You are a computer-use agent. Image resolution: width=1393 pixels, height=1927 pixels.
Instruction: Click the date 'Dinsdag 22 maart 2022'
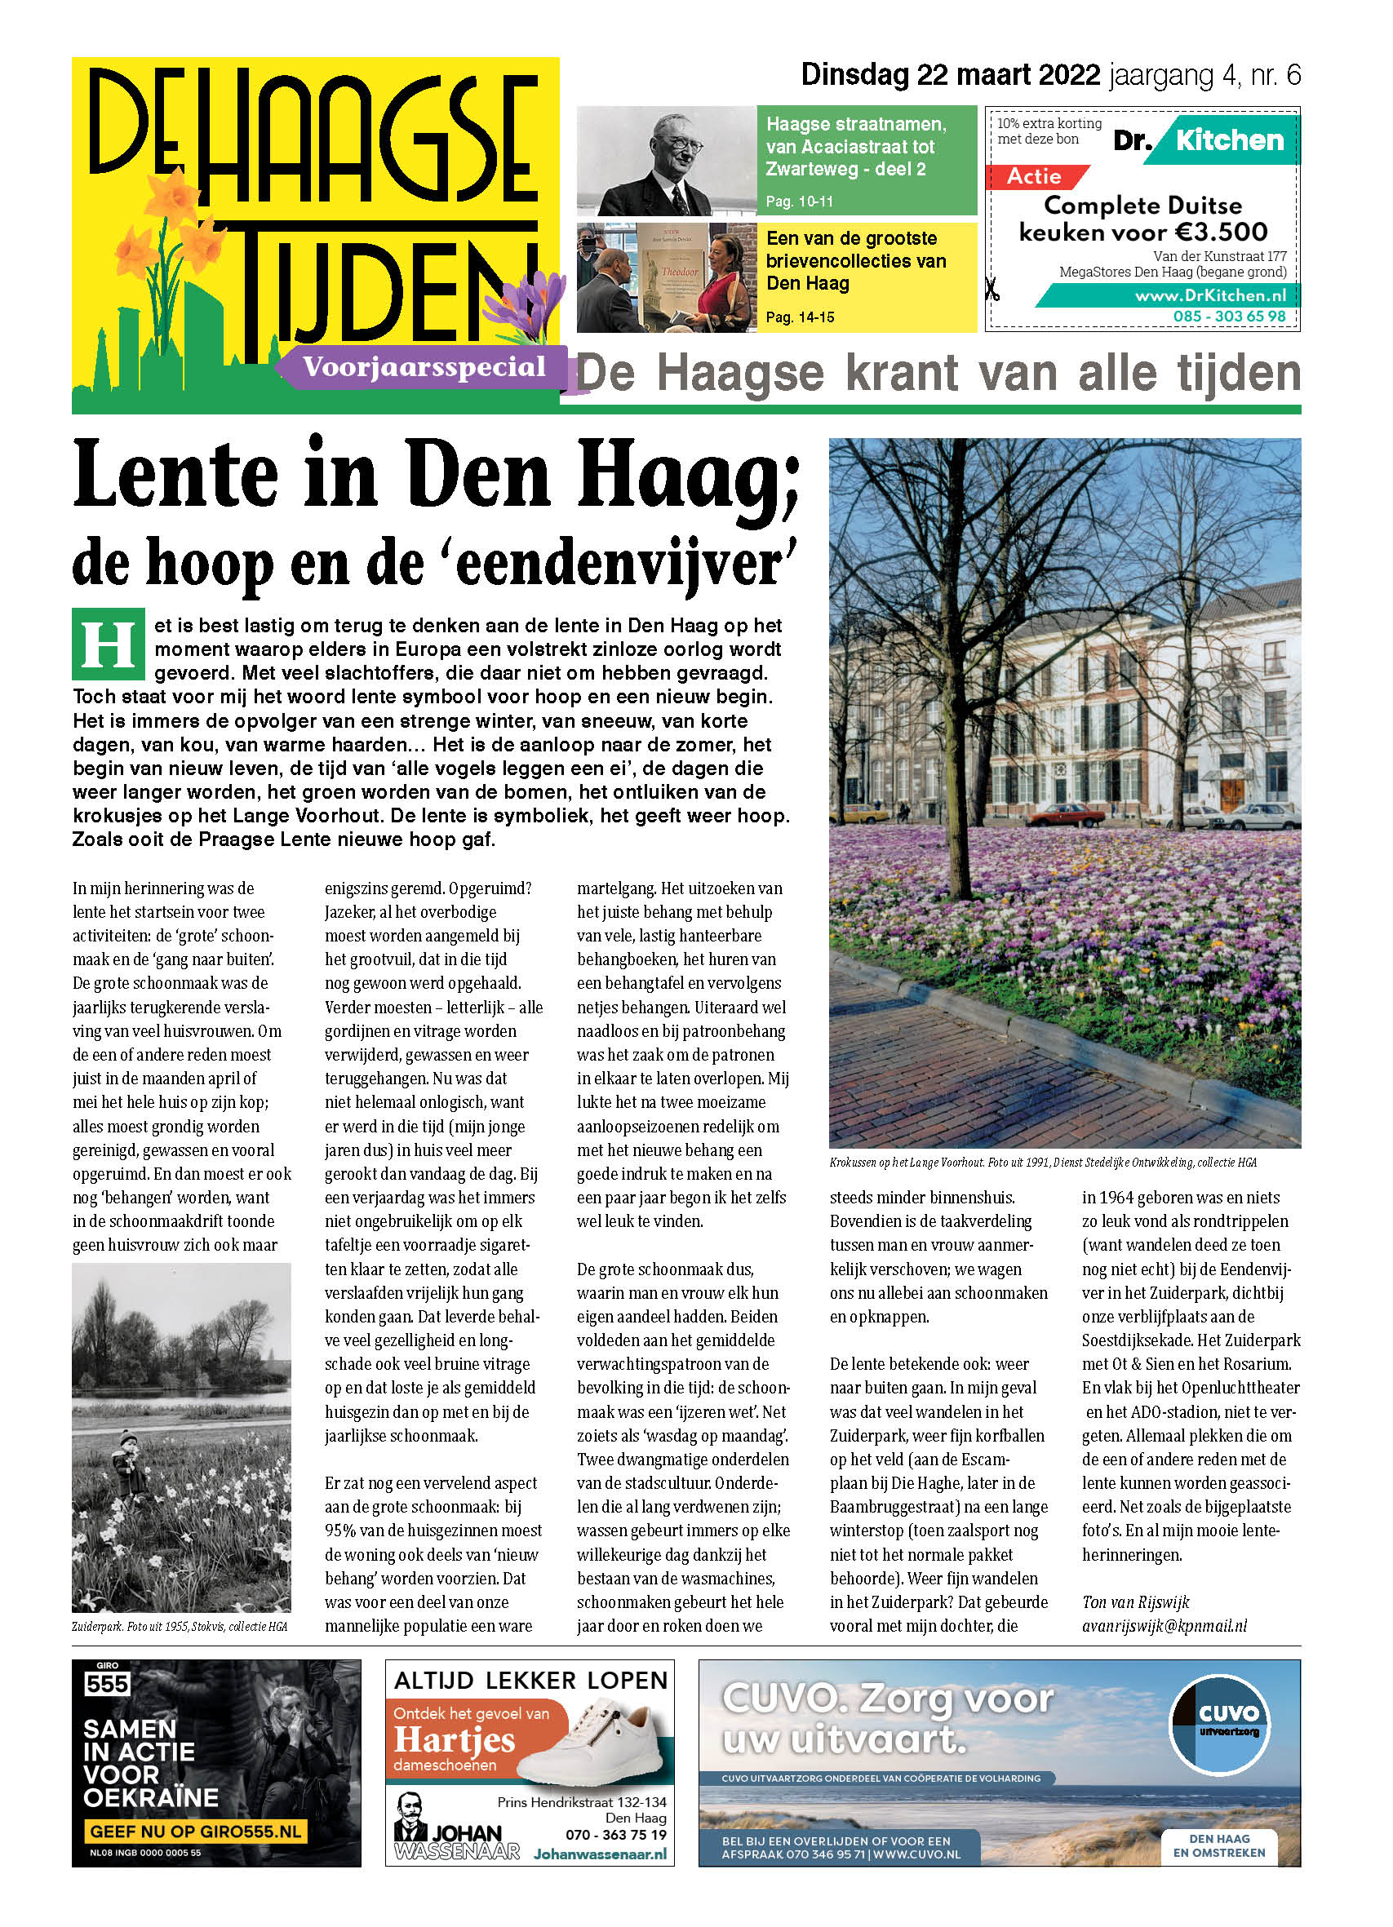click(x=949, y=76)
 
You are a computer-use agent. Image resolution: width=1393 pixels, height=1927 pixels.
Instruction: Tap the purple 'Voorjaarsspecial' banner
click(x=424, y=367)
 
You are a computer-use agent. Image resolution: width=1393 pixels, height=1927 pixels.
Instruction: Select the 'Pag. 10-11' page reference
click(x=799, y=202)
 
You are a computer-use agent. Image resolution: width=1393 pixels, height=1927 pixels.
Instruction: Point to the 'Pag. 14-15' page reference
click(x=800, y=317)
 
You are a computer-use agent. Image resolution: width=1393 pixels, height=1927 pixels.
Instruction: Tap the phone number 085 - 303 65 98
click(x=1229, y=316)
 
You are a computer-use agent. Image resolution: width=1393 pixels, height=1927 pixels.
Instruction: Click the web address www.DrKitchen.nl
click(x=1209, y=295)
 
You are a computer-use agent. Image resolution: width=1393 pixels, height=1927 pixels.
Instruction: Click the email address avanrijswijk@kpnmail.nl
click(x=1164, y=1625)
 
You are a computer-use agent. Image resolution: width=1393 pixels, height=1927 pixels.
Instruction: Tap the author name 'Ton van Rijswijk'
click(x=1134, y=1601)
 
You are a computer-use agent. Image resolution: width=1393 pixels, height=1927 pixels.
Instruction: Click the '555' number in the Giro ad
click(x=107, y=1683)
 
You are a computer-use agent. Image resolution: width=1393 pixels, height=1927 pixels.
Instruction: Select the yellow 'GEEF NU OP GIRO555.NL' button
click(x=195, y=1831)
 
